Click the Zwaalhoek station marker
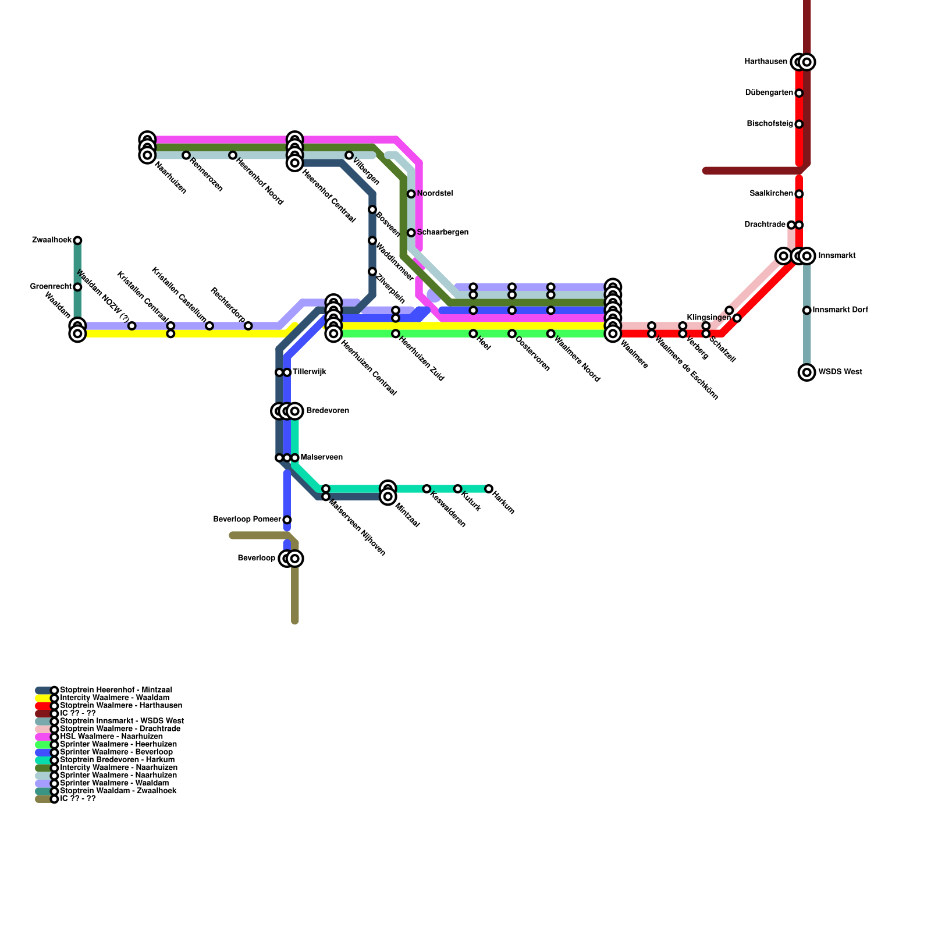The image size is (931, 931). click(x=77, y=240)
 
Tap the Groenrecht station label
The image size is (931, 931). click(x=51, y=287)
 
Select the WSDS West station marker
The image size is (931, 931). click(x=806, y=372)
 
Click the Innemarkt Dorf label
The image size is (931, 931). click(x=840, y=310)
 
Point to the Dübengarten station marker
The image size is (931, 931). click(x=799, y=93)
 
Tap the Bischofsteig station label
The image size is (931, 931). click(x=769, y=124)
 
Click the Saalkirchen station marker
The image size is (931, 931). click(x=799, y=194)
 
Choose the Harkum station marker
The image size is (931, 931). click(x=489, y=489)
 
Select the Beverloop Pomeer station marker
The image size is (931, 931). click(x=287, y=520)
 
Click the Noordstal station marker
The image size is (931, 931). click(x=411, y=194)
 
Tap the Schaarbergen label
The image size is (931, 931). click(x=442, y=233)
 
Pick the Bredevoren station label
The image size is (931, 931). click(x=328, y=411)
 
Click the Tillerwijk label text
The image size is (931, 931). click(x=309, y=372)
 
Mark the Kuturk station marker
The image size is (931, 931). click(x=458, y=489)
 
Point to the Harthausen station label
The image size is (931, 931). click(x=766, y=62)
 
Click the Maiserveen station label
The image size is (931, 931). click(x=321, y=458)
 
